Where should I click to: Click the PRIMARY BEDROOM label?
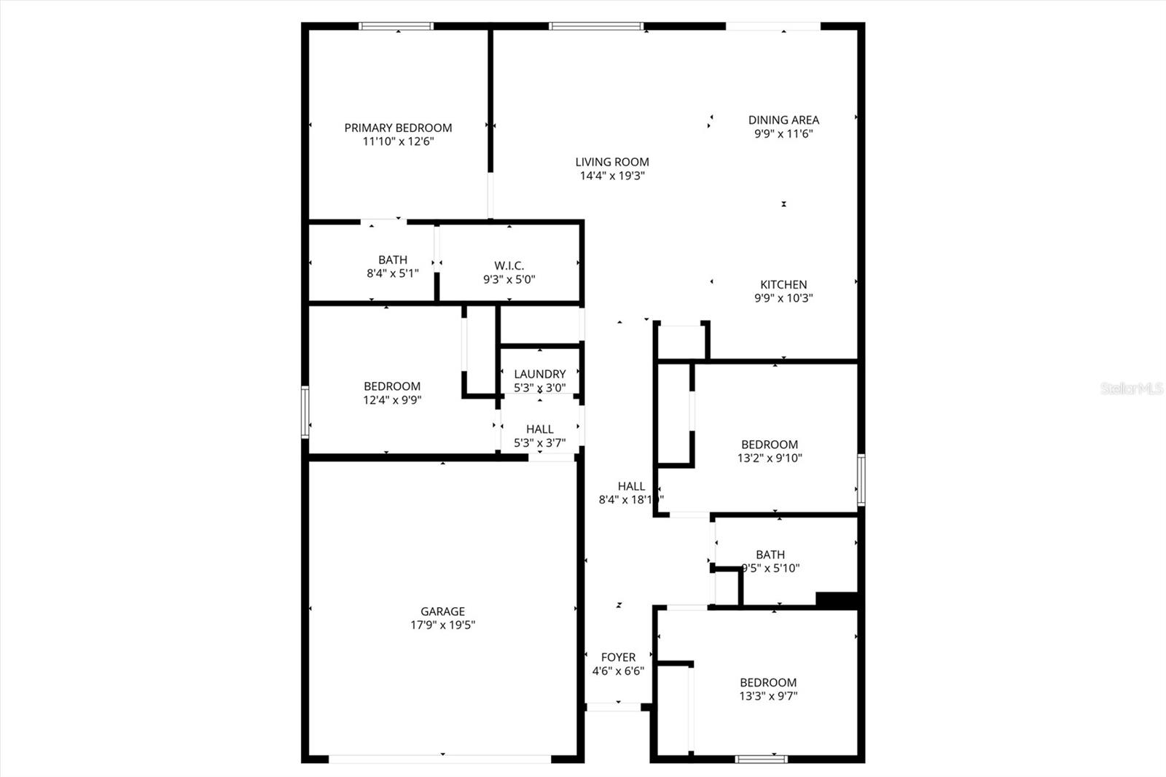398,128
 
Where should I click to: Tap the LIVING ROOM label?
612,162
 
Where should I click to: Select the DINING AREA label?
783,120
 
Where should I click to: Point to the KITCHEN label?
783,284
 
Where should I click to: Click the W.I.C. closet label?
509,265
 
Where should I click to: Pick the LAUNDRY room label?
539,374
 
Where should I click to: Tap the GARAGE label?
442,612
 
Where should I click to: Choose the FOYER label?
618,657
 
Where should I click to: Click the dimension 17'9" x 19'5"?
442,625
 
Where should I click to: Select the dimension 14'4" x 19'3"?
612,176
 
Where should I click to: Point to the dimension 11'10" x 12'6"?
398,141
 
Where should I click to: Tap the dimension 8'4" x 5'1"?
392,273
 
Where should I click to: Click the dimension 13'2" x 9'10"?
770,458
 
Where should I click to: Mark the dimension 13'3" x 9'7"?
768,695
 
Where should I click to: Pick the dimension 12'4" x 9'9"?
392,399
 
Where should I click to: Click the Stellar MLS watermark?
1132,388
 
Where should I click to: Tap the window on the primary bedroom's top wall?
396,27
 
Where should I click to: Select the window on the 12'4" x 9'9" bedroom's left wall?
305,412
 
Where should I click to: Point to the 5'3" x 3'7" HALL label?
539,429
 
